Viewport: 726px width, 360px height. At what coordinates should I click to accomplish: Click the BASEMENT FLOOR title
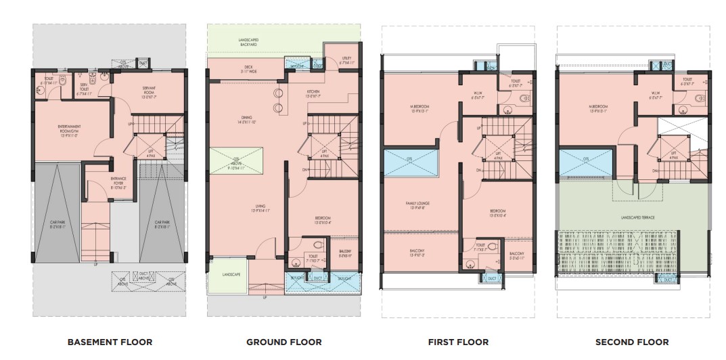pyautogui.click(x=109, y=342)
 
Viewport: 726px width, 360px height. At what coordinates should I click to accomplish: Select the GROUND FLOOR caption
pyautogui.click(x=283, y=342)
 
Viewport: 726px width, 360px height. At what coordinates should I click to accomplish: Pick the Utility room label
pyautogui.click(x=348, y=61)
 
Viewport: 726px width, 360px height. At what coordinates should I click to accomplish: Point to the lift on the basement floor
pyautogui.click(x=150, y=152)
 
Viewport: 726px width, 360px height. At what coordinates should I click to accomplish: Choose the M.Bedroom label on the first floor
pyautogui.click(x=421, y=109)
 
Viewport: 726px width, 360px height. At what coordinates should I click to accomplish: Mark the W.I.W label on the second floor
pyautogui.click(x=656, y=95)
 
